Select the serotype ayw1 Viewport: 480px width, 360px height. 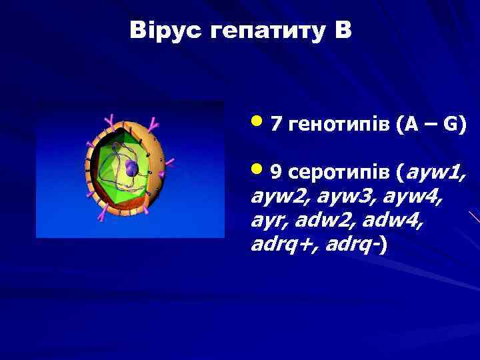435,174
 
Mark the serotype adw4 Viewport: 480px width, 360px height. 388,221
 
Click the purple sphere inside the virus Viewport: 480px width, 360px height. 131,169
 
